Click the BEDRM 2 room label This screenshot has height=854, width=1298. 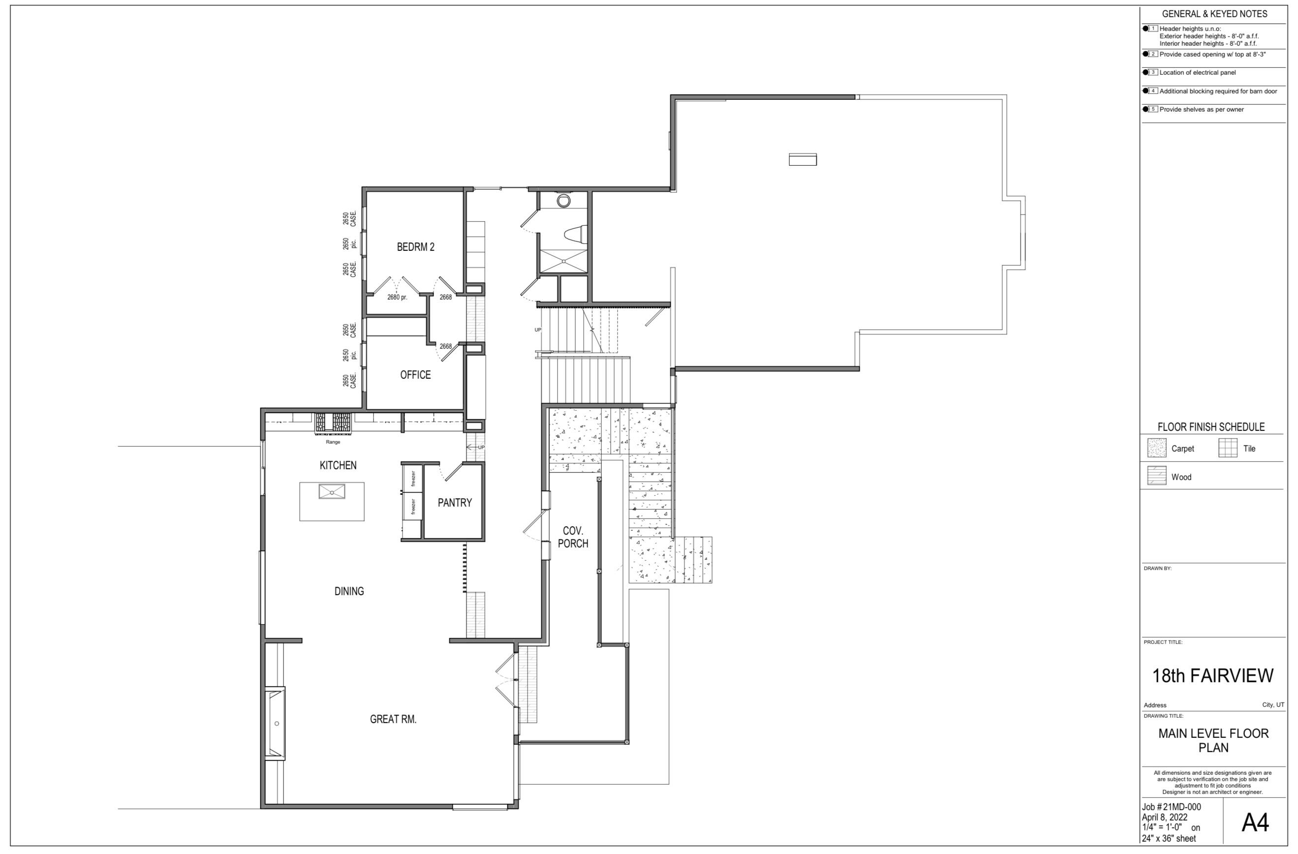tap(416, 247)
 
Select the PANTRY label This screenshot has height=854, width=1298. tap(454, 503)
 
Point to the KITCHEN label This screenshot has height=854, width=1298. tap(338, 465)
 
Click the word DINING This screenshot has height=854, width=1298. tap(349, 591)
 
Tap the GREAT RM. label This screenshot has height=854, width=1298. tap(393, 719)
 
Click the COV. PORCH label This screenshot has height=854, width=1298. tap(573, 537)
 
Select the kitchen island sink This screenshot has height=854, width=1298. tap(332, 491)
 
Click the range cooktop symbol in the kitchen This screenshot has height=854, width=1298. tap(333, 423)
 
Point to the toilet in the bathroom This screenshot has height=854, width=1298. tap(576, 235)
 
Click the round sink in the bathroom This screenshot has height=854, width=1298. tap(563, 201)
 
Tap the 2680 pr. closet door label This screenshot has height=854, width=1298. tap(397, 298)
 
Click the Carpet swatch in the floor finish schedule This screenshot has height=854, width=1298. tap(1156, 448)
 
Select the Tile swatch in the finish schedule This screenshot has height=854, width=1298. tap(1228, 448)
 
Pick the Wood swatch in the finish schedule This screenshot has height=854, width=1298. tap(1156, 476)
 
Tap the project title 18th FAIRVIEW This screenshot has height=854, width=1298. tap(1212, 676)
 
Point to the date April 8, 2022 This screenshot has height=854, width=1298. tap(1164, 818)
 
